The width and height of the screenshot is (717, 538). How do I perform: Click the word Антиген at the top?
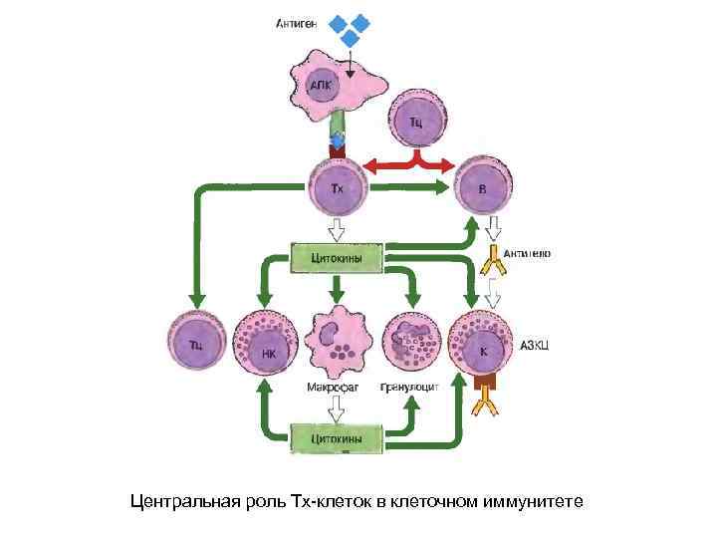pyautogui.click(x=295, y=24)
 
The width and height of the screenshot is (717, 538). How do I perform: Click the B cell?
pyautogui.click(x=483, y=186)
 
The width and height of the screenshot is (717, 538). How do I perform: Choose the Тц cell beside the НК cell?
pyautogui.click(x=197, y=345)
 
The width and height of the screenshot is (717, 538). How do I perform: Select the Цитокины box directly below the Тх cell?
pyautogui.click(x=337, y=257)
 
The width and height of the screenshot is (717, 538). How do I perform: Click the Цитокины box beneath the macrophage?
pyautogui.click(x=337, y=436)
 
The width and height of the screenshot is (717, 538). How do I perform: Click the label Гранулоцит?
pyautogui.click(x=409, y=388)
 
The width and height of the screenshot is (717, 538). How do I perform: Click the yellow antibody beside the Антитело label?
pyautogui.click(x=492, y=261)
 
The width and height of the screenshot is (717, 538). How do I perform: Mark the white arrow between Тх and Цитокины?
pyautogui.click(x=337, y=228)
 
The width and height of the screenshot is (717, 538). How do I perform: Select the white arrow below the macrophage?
pyautogui.click(x=337, y=406)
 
